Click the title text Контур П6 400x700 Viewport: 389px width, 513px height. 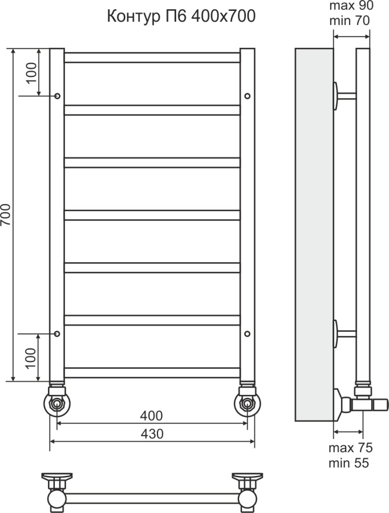click(181, 17)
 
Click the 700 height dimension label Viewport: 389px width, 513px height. click(6, 215)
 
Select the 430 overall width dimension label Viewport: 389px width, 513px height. click(152, 434)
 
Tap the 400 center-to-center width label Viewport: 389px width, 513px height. click(151, 416)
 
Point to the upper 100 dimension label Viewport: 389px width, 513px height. click(31, 73)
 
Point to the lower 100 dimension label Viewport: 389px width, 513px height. click(31, 358)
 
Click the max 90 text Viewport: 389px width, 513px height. click(351, 6)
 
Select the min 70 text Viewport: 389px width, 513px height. click(350, 21)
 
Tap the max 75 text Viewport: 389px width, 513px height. click(350, 447)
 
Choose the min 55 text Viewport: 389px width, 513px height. click(349, 463)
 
